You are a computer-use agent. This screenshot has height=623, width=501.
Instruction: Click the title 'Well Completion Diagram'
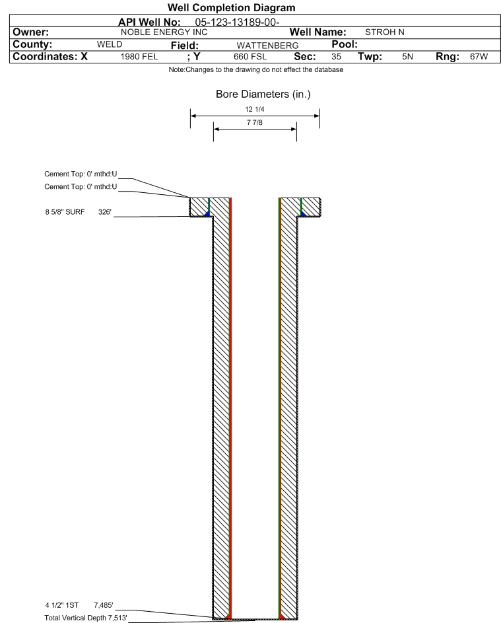point(232,7)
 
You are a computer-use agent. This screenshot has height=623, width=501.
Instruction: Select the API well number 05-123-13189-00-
point(237,22)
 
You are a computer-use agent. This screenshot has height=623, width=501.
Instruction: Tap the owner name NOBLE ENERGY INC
point(164,32)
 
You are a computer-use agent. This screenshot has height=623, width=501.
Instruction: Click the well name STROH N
point(385,32)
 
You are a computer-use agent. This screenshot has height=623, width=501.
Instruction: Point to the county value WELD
point(110,44)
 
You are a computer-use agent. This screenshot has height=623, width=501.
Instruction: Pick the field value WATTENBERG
point(267,46)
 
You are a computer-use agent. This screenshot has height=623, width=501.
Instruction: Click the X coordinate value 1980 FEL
point(139,57)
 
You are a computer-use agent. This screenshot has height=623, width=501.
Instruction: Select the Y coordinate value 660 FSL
point(250,57)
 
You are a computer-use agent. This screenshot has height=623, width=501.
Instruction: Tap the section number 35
point(336,57)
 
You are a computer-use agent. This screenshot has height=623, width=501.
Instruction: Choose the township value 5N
point(407,57)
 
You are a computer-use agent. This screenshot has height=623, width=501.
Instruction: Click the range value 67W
point(479,57)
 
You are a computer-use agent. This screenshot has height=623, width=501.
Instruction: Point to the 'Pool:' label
point(345,44)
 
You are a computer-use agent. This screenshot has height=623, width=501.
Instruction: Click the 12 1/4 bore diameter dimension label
point(255,109)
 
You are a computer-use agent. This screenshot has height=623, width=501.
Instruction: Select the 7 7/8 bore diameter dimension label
point(255,123)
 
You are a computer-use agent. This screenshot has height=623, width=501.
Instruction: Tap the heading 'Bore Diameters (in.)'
point(263,94)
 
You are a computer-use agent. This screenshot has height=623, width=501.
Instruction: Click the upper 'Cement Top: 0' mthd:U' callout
point(81,174)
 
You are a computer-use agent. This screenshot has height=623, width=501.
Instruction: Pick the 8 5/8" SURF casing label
point(65,212)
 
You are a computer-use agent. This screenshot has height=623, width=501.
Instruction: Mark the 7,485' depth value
point(104,606)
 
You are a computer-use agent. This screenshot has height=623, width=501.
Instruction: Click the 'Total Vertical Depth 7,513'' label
point(86,618)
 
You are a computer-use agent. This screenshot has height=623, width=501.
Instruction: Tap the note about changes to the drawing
point(256,70)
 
